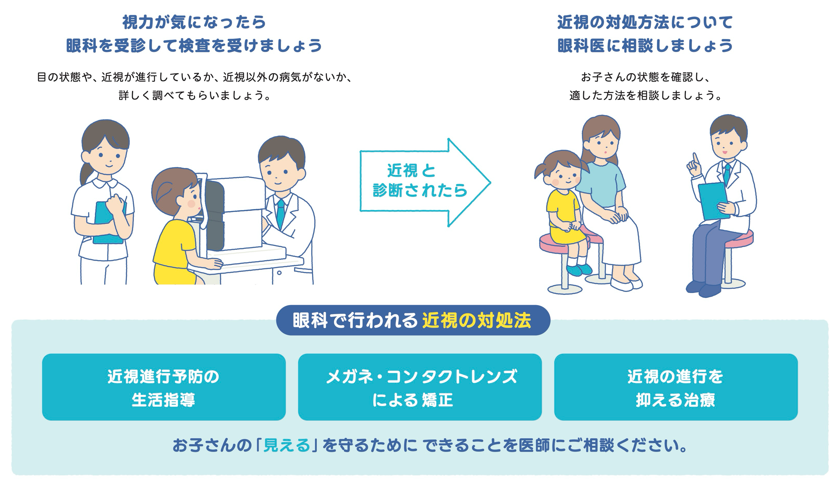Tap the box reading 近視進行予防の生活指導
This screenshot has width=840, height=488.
(x=164, y=387)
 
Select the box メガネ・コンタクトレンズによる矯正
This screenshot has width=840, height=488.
(x=420, y=387)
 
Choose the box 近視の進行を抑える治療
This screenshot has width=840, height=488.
(x=676, y=387)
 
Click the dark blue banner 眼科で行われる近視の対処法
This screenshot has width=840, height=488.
(x=413, y=320)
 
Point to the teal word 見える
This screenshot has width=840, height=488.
(x=287, y=445)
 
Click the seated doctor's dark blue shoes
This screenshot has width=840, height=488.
(x=703, y=289)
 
